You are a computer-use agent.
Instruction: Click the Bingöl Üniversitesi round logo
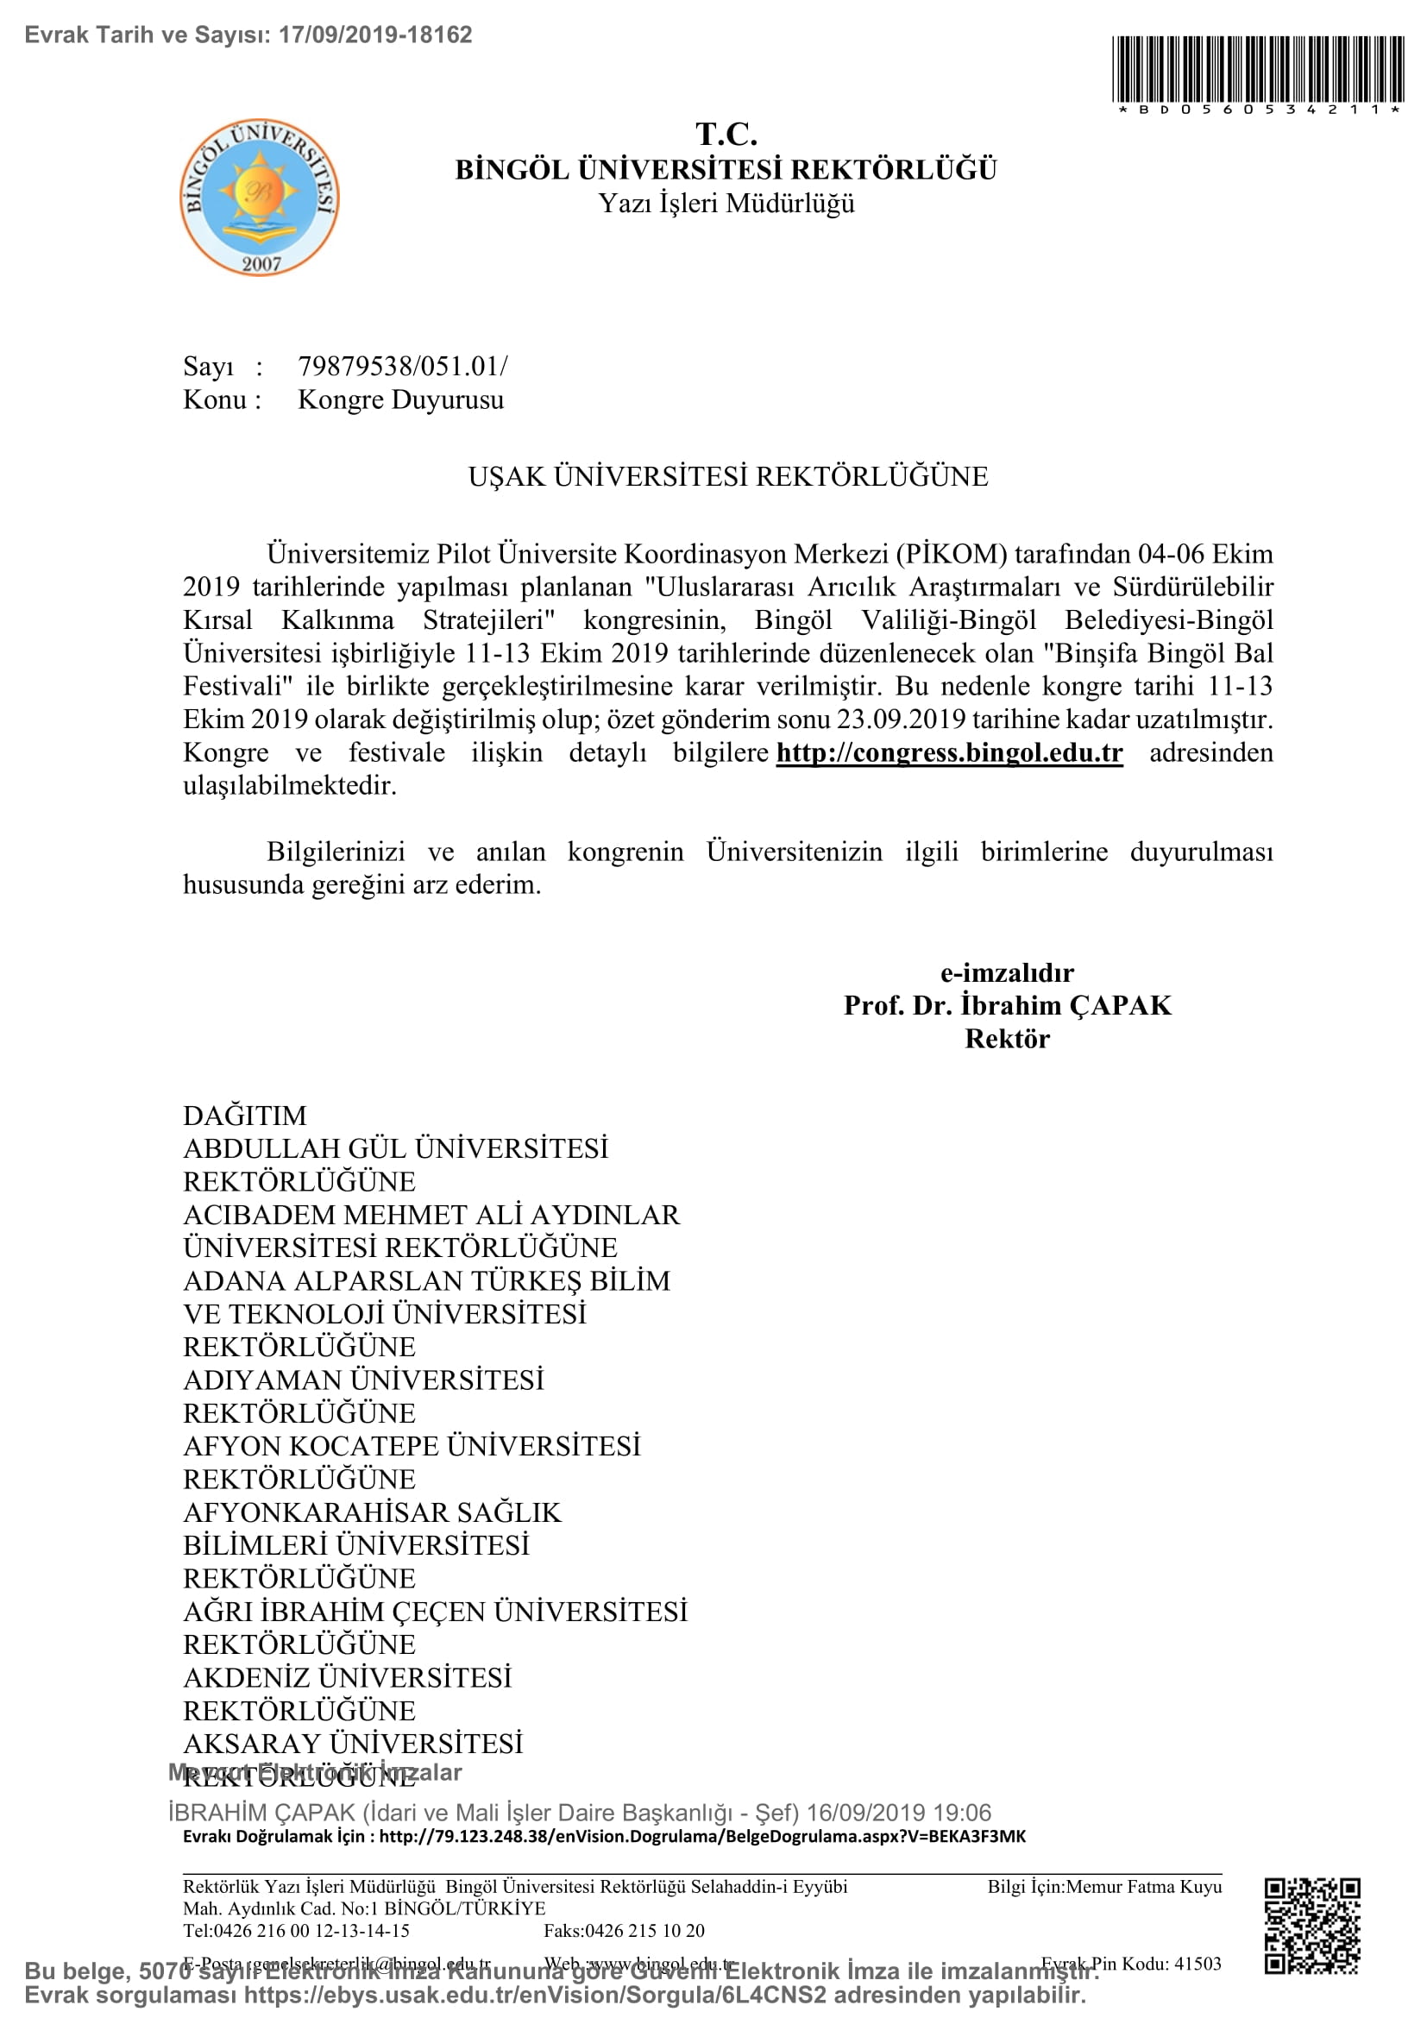pyautogui.click(x=260, y=198)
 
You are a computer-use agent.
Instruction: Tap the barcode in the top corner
pyautogui.click(x=1258, y=69)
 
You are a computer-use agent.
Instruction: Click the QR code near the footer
pyautogui.click(x=1312, y=1926)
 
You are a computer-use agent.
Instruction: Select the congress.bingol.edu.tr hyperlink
pyautogui.click(x=949, y=753)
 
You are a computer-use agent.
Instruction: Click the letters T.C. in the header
pyautogui.click(x=726, y=135)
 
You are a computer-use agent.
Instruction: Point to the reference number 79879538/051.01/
pyautogui.click(x=402, y=366)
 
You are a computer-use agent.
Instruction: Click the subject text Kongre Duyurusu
pyautogui.click(x=400, y=400)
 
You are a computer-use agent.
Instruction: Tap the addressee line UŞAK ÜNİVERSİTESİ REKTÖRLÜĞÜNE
pyautogui.click(x=727, y=476)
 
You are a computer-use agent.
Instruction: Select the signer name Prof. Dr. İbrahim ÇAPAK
pyautogui.click(x=1007, y=1005)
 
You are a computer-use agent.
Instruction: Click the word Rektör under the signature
pyautogui.click(x=1007, y=1039)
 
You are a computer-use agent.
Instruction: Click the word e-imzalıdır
pyautogui.click(x=1007, y=973)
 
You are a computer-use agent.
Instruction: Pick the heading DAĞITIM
pyautogui.click(x=245, y=1116)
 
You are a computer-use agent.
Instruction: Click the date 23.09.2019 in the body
pyautogui.click(x=894, y=720)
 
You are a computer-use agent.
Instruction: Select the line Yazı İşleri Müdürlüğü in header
pyautogui.click(x=726, y=204)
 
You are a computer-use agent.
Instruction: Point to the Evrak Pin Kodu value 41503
pyautogui.click(x=1198, y=1964)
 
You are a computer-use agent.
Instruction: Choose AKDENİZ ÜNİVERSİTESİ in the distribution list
pyautogui.click(x=347, y=1677)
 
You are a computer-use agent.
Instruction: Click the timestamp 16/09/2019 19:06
pyautogui.click(x=898, y=1813)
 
